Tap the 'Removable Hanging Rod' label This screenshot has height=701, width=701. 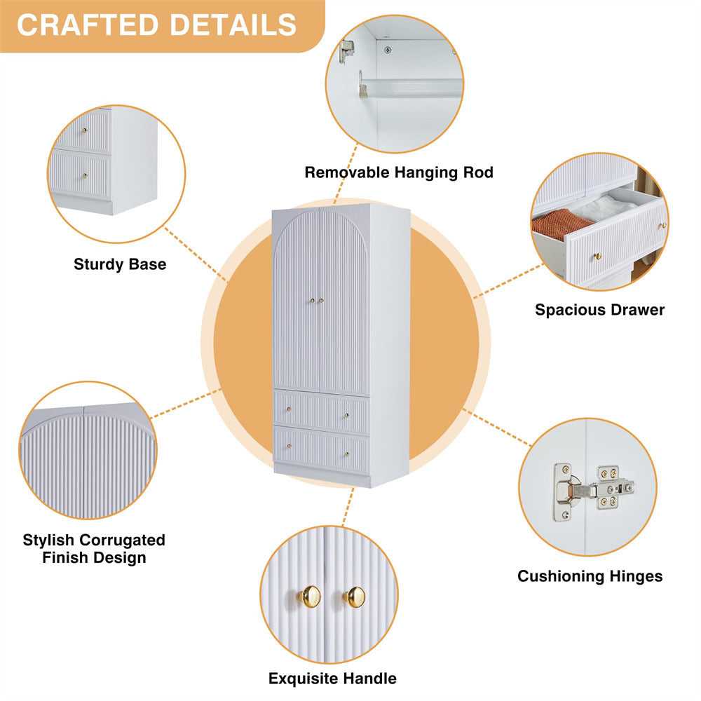[399, 172]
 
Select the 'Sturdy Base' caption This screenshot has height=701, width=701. [120, 264]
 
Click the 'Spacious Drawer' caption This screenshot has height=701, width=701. [599, 310]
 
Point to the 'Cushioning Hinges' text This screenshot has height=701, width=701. [590, 576]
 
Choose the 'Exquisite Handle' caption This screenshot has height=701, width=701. [332, 679]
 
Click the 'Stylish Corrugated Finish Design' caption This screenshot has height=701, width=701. [94, 549]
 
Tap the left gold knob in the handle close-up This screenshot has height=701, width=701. [309, 597]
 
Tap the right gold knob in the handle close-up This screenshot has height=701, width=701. [355, 597]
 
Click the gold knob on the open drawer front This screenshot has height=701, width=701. [598, 257]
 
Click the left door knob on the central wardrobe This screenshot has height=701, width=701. [313, 301]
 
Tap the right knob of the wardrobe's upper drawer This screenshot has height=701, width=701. [347, 416]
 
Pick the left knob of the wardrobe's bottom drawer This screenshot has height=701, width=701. [289, 446]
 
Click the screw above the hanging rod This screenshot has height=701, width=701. [388, 50]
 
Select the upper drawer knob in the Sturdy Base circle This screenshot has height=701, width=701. [85, 130]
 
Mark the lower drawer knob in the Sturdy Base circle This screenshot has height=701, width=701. [85, 176]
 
